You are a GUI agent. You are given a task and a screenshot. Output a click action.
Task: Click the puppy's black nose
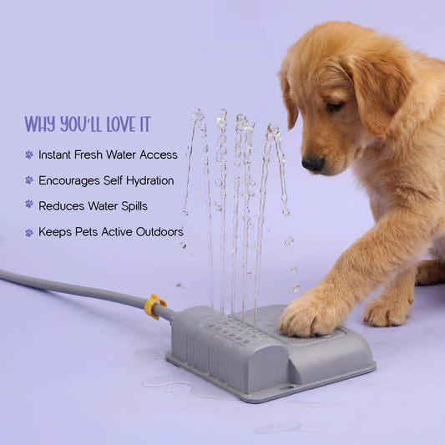coord(313,164)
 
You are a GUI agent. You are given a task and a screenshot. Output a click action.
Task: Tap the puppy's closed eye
coord(334,106)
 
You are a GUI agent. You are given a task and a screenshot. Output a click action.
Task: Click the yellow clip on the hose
coord(154,306)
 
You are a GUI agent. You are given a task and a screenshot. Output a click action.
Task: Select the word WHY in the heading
coord(40,124)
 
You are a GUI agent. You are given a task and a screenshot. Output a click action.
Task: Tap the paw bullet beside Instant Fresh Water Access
coord(29,154)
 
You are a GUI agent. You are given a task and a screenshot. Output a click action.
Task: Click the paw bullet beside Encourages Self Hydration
coord(29,180)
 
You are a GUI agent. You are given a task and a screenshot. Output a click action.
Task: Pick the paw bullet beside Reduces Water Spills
coord(29,204)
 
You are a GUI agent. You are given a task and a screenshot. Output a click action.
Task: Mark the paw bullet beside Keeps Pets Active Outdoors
coord(29,233)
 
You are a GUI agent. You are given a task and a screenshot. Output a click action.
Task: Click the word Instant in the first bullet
coord(54,155)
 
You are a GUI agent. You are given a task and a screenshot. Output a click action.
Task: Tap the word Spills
coord(134,206)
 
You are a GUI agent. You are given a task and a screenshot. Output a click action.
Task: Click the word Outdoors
coord(159,232)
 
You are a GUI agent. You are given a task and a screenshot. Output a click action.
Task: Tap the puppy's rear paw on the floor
coord(388,311)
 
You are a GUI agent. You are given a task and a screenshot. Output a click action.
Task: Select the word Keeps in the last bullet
coord(55,232)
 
